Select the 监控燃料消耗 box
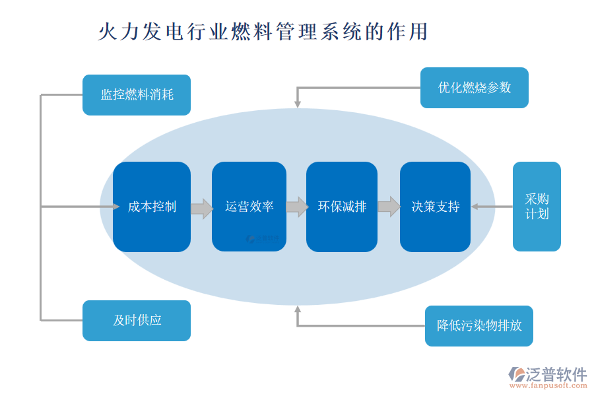[x=137, y=95]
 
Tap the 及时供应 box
[x=137, y=321]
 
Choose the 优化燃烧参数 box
[x=474, y=88]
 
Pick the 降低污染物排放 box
[x=478, y=326]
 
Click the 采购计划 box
[x=536, y=207]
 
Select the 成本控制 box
[x=152, y=207]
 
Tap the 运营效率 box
[x=249, y=207]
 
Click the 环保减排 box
[x=342, y=207]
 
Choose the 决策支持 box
[x=435, y=207]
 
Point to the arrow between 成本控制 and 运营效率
[x=201, y=209]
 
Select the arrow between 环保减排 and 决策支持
[x=389, y=207]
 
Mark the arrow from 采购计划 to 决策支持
[x=491, y=207]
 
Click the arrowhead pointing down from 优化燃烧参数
[x=298, y=104]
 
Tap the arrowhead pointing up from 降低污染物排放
[x=298, y=310]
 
